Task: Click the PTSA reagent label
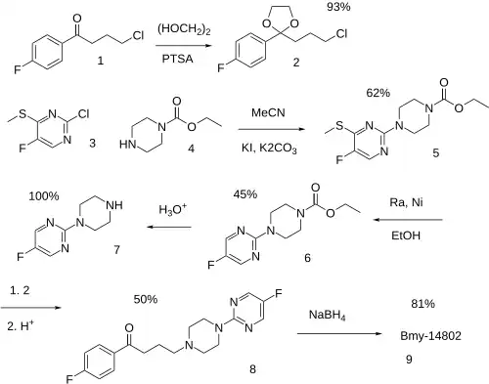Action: pyautogui.click(x=178, y=59)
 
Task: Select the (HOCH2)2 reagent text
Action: pyautogui.click(x=184, y=29)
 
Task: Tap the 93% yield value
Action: pyautogui.click(x=338, y=7)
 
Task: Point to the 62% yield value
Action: pyautogui.click(x=378, y=93)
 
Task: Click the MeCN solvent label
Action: pyautogui.click(x=268, y=112)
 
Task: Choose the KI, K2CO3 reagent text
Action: pyautogui.click(x=269, y=149)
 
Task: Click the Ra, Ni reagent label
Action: pyautogui.click(x=406, y=202)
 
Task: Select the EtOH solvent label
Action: pyautogui.click(x=406, y=235)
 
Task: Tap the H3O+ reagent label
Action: pyautogui.click(x=173, y=209)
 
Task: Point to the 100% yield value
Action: pyautogui.click(x=44, y=196)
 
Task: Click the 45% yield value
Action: pyautogui.click(x=245, y=194)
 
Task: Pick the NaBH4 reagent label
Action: pyautogui.click(x=327, y=316)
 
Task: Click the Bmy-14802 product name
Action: pyautogui.click(x=430, y=336)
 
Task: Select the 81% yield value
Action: pyautogui.click(x=422, y=304)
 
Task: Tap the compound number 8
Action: pyautogui.click(x=252, y=369)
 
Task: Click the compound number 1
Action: pyautogui.click(x=101, y=61)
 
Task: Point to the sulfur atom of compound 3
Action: pyautogui.click(x=22, y=114)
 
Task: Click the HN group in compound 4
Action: pyautogui.click(x=128, y=145)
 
